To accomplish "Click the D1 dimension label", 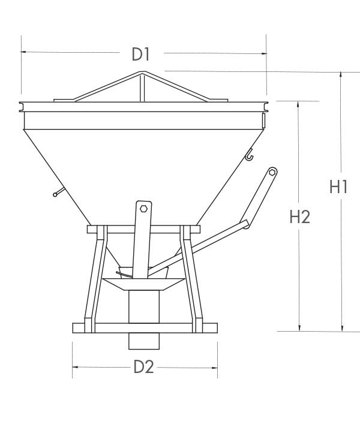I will tap(140, 54).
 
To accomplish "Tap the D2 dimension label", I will tap(143, 366).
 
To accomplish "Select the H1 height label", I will tap(338, 187).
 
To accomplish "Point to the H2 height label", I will tap(299, 216).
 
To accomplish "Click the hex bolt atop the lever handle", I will tap(272, 172).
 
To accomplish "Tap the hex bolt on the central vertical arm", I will tap(143, 209).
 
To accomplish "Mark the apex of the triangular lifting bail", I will tap(142, 73).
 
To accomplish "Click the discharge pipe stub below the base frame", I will tap(145, 341).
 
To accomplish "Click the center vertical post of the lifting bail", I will tap(142, 88).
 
